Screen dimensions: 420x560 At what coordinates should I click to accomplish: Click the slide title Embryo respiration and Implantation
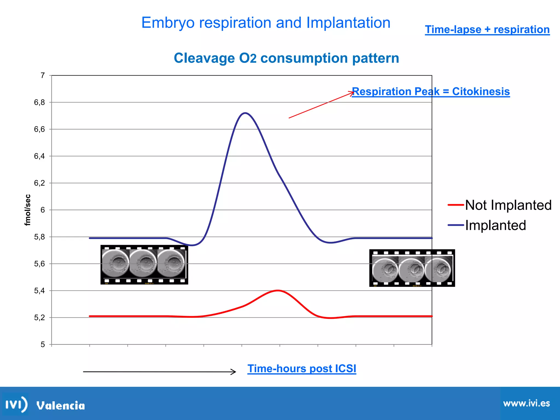pos(266,22)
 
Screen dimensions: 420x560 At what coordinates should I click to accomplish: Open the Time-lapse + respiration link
pos(487,30)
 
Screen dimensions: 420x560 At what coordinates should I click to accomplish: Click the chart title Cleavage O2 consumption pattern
pos(286,58)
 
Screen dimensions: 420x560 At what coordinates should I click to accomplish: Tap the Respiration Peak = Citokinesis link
pos(431,91)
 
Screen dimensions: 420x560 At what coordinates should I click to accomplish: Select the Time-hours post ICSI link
pos(302,369)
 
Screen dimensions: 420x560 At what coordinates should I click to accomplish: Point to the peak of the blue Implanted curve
pos(245,113)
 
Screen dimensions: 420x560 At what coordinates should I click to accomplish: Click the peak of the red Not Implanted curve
pos(278,290)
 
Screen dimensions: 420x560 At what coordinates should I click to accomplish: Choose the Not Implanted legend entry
pos(500,205)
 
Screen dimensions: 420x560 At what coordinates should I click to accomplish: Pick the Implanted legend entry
pos(487,225)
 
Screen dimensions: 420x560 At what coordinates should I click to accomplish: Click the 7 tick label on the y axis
pos(43,75)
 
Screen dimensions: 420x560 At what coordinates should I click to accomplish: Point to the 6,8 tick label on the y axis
pos(39,102)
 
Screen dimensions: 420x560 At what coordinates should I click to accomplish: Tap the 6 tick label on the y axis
pos(43,210)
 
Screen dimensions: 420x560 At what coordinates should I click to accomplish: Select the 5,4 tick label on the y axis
pos(39,291)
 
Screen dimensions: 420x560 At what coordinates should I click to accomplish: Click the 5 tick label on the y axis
pos(43,345)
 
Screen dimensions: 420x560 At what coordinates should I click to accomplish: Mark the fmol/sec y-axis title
pos(28,210)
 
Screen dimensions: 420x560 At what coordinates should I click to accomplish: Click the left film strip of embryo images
pos(144,265)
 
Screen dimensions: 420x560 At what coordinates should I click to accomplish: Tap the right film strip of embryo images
pos(412,268)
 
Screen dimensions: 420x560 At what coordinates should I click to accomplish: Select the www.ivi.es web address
pos(526,404)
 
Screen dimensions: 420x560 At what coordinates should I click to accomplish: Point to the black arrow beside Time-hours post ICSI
pos(159,372)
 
